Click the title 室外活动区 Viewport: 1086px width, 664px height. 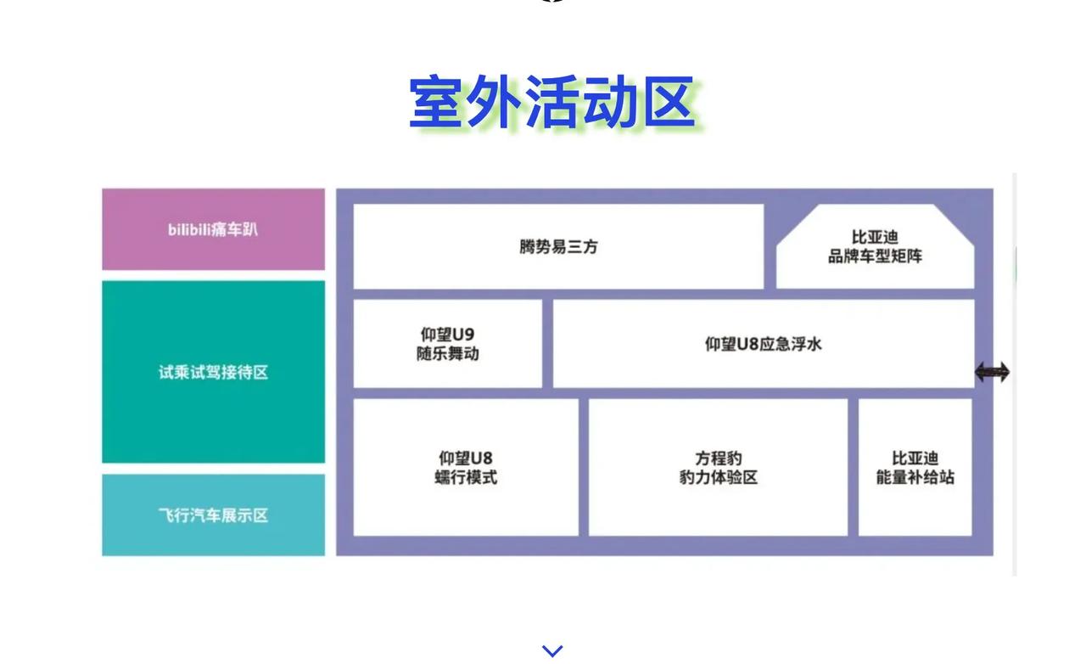(x=552, y=103)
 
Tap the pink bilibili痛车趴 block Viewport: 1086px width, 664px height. (x=213, y=229)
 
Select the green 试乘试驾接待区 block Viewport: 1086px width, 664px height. (x=213, y=372)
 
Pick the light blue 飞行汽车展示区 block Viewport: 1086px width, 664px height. (x=213, y=515)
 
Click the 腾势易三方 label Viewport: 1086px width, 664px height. (x=558, y=246)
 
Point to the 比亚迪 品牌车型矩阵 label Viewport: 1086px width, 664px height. (x=875, y=246)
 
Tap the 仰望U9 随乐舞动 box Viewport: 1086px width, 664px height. (x=447, y=344)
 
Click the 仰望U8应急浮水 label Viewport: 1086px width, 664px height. (x=763, y=344)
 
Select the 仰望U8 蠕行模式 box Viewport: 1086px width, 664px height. (x=466, y=467)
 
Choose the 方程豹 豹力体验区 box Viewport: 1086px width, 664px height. (x=718, y=467)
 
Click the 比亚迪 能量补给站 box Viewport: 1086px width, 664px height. (x=915, y=467)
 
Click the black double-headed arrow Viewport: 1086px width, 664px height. (x=993, y=372)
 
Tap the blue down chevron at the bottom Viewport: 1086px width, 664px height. (x=552, y=650)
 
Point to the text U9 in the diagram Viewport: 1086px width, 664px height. (x=463, y=335)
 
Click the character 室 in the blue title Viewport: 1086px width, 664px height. (x=435, y=103)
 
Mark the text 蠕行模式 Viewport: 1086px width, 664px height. (x=466, y=477)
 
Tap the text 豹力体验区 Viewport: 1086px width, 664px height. (x=718, y=477)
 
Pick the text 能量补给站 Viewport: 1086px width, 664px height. (x=915, y=477)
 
